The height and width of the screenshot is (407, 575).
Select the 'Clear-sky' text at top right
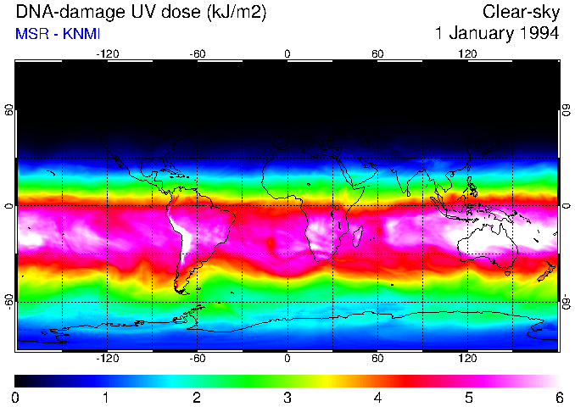(521, 12)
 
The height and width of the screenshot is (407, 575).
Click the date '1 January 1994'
(496, 34)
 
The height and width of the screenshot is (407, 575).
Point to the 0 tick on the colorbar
(15, 397)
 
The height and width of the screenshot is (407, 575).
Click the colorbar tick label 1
(106, 397)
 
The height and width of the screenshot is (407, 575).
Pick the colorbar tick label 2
(196, 397)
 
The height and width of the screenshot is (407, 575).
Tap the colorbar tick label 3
(287, 397)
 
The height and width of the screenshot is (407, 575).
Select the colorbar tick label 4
(377, 397)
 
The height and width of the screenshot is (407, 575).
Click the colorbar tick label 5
(468, 397)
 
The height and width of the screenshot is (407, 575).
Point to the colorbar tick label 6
(558, 397)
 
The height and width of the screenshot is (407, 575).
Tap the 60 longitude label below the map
(377, 358)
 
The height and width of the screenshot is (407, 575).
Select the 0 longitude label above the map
(287, 54)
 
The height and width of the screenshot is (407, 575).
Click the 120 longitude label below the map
(467, 358)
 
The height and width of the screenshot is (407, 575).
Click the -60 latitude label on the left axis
(9, 301)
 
